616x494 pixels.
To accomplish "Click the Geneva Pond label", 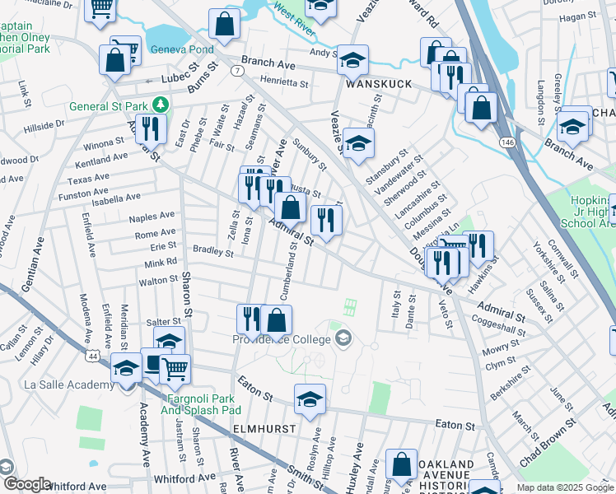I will tap(180, 49).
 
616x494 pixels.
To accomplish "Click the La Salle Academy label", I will tap(62, 385).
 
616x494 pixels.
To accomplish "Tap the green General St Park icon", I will tap(164, 105).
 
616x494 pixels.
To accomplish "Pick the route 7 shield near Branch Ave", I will tap(237, 71).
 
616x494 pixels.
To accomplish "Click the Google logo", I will tap(26, 484).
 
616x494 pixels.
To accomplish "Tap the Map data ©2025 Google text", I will tap(565, 487).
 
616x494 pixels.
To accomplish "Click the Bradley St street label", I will tap(213, 251).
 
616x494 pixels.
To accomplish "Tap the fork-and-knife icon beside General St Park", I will tap(151, 128).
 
